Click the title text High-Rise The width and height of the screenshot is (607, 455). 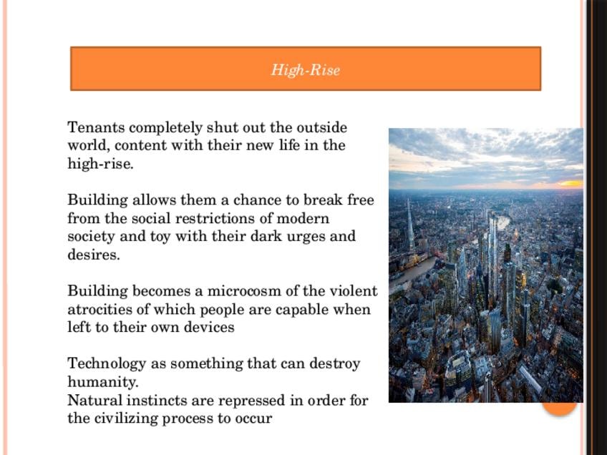click(305, 70)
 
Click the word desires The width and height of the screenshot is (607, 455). click(93, 255)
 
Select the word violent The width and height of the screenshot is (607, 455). click(352, 291)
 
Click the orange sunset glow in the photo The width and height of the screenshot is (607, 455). click(570, 183)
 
